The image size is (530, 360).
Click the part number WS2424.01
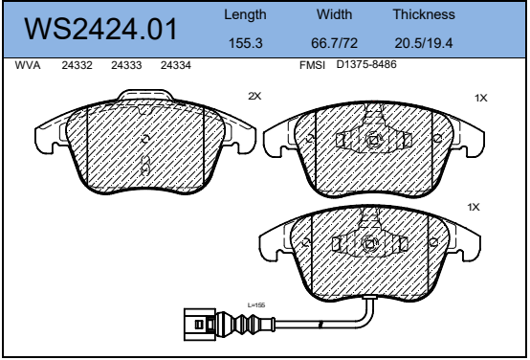coord(100,30)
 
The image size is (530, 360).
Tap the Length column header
coord(245,15)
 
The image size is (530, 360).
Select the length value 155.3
coord(246,43)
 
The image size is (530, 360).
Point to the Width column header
coord(334,14)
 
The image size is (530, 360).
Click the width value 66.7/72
coord(334,43)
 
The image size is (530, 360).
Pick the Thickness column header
coord(424,14)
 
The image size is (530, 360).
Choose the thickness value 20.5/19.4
coord(423,43)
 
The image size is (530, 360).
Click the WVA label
coord(28,65)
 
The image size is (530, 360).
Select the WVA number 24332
coord(77,65)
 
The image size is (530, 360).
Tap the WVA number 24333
coord(126,65)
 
